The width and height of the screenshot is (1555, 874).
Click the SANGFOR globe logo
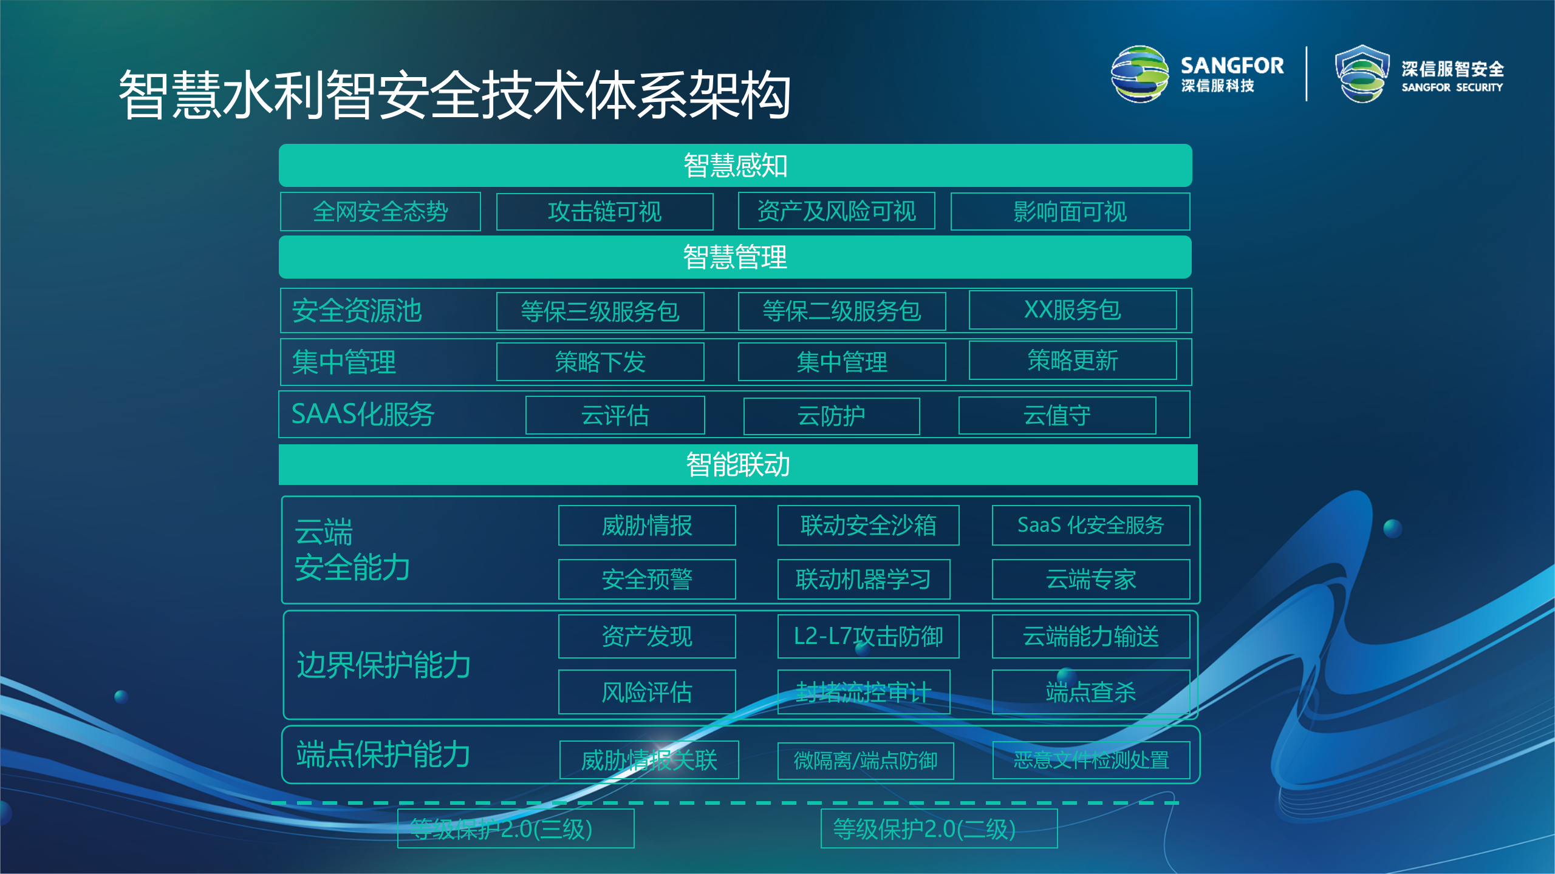click(1140, 74)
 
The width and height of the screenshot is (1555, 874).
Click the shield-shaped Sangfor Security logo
click(1362, 74)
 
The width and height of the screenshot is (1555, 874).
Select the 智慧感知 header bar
click(735, 165)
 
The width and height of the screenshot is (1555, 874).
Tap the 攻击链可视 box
click(604, 212)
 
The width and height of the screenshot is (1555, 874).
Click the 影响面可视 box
click(1070, 212)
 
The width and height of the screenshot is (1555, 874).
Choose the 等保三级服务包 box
click(600, 311)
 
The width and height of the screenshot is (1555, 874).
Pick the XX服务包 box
click(1072, 310)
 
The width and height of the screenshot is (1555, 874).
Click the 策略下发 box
click(600, 362)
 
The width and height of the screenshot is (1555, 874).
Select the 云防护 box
click(831, 416)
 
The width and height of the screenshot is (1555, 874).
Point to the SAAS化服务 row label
click(363, 415)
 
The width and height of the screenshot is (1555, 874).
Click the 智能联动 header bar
click(737, 465)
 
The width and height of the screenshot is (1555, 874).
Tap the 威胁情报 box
click(647, 526)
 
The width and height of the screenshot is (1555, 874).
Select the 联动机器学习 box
click(863, 580)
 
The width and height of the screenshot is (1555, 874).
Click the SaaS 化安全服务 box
click(1090, 526)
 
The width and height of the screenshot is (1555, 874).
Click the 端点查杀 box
click(1090, 692)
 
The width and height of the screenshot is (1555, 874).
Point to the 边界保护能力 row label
click(383, 665)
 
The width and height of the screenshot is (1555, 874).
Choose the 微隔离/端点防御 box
click(866, 761)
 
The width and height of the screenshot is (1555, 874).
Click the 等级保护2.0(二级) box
click(938, 828)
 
